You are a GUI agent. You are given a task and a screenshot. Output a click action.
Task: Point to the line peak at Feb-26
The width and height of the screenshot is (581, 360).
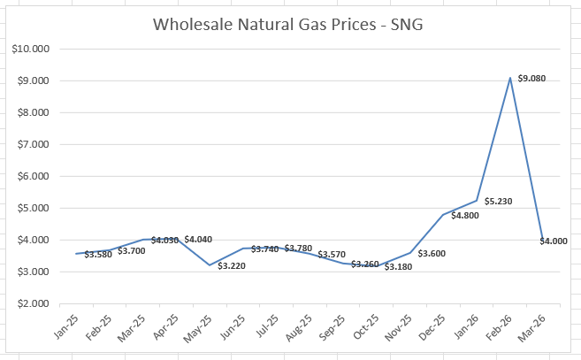(x=509, y=79)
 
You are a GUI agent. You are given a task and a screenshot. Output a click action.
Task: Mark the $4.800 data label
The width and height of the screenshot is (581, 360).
(x=465, y=216)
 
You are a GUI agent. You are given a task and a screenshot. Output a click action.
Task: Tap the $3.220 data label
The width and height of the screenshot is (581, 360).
(x=233, y=265)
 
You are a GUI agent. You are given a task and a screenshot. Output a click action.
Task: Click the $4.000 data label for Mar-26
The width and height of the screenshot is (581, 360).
(x=554, y=241)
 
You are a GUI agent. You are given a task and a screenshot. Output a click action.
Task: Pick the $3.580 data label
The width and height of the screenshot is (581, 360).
(x=99, y=255)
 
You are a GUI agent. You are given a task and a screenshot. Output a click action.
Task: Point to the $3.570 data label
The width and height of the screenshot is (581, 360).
(x=333, y=255)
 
